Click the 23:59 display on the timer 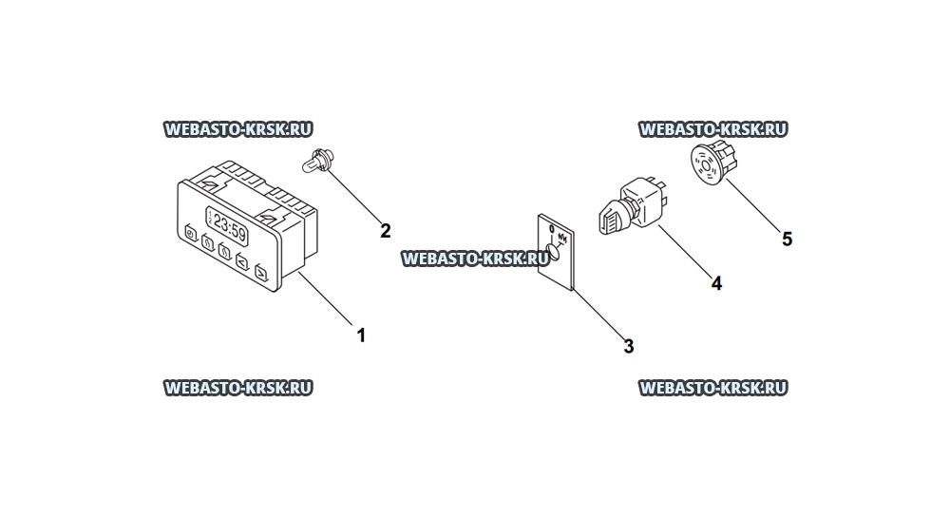tap(227, 226)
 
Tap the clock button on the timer tap(191, 233)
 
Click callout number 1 tap(361, 335)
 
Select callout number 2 tap(386, 231)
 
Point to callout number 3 tap(629, 347)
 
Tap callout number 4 tap(716, 283)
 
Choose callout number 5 tap(787, 240)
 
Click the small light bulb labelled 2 tap(315, 162)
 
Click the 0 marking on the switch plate tap(551, 229)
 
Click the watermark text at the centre tap(475, 259)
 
